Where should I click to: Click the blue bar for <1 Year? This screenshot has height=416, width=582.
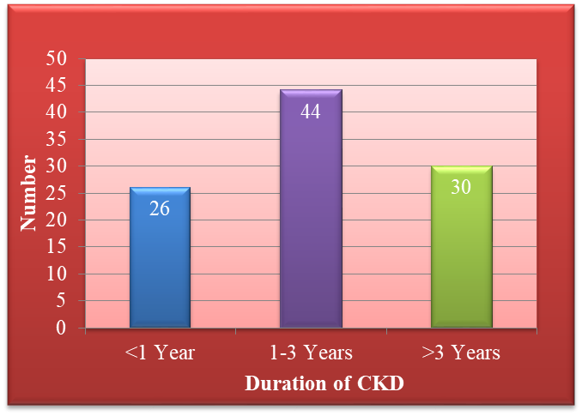coord(160,257)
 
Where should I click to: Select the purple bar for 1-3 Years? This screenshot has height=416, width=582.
coord(311,208)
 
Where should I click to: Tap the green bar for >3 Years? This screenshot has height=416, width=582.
coord(462,246)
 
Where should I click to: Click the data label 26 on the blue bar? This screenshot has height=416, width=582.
coord(160,208)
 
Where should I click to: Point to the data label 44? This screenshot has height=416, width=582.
coord(310,112)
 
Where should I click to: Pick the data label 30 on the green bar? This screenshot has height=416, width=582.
coord(461,186)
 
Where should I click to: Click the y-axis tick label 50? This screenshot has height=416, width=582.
coord(56,58)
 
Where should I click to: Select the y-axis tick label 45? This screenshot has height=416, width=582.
coord(56,85)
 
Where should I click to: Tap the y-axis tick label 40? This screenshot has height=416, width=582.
coord(56,112)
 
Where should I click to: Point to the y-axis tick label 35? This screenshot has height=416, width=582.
coord(56,139)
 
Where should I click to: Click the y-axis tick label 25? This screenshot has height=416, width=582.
coord(56,193)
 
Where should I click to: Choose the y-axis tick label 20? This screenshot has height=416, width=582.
coord(56,220)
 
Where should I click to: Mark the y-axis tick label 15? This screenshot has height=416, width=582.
coord(57,246)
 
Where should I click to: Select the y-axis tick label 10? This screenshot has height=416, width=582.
coord(57,274)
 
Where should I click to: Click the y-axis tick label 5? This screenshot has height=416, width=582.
coord(61,301)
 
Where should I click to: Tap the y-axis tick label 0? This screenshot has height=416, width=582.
coord(61,328)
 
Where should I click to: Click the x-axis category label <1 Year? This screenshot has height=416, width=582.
coord(160,353)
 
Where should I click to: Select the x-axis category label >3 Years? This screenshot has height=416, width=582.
coord(461,353)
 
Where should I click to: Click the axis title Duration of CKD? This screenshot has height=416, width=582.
coord(324,383)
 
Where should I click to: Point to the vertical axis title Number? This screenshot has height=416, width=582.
coord(28,193)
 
